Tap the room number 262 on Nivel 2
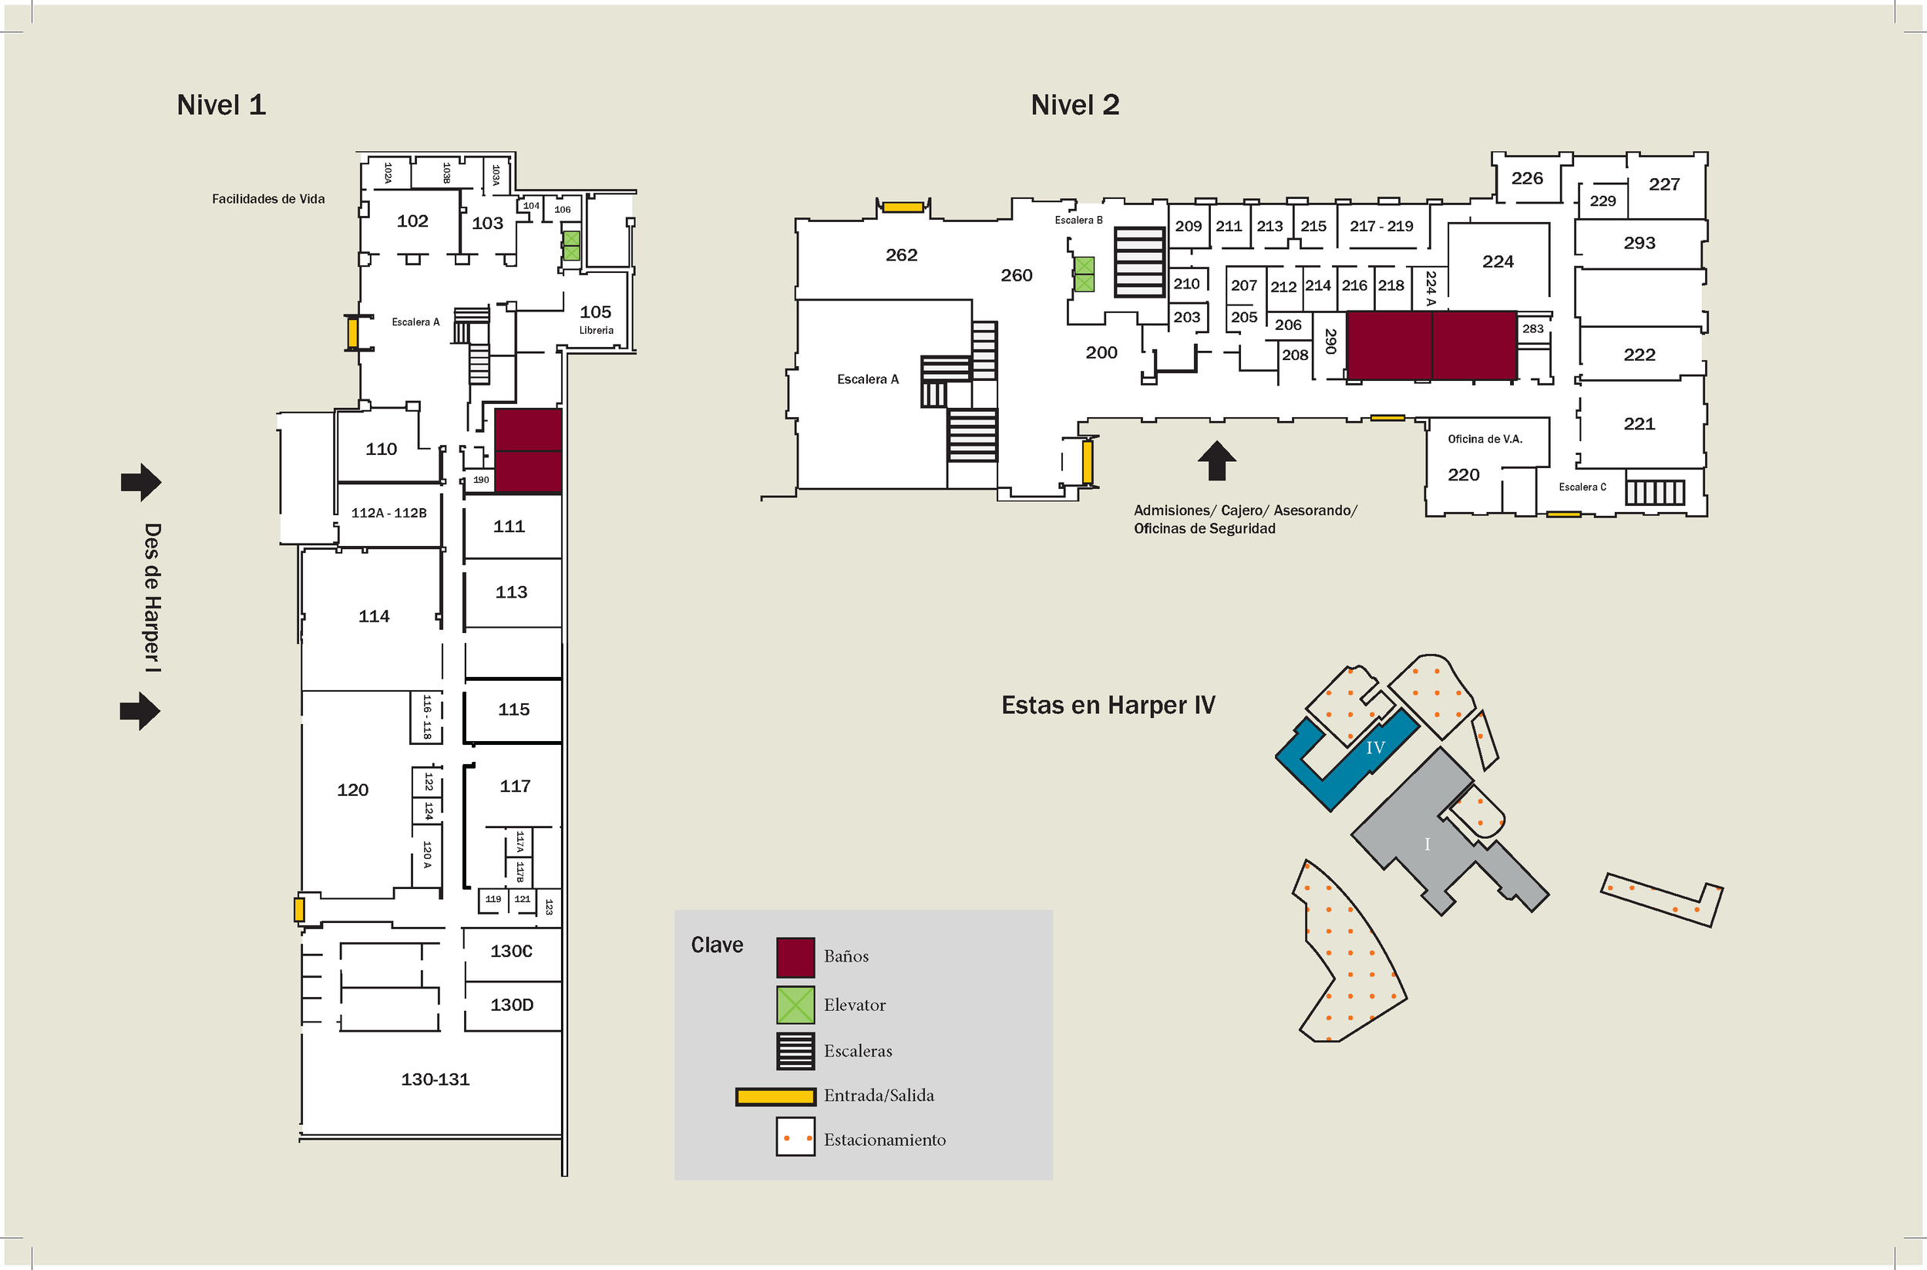click(901, 255)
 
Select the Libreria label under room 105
click(596, 331)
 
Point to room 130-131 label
click(435, 1079)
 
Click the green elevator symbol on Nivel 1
click(572, 245)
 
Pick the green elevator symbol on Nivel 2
click(1085, 274)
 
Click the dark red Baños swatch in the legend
click(795, 958)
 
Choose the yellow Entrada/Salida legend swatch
click(775, 1097)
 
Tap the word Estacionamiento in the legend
click(884, 1140)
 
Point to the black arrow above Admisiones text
click(1216, 461)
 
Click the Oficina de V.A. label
click(1485, 439)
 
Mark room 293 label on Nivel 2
click(1639, 243)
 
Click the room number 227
click(1664, 184)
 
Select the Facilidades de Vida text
click(268, 199)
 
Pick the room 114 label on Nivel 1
click(373, 616)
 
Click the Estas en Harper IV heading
click(1108, 706)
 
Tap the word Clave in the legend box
click(717, 945)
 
